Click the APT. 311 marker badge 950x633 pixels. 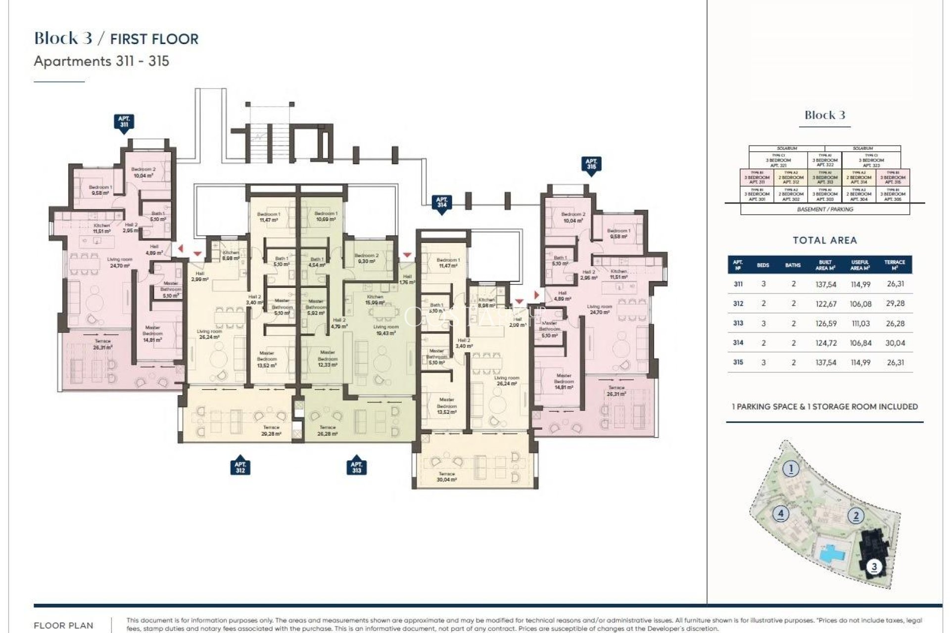[124, 122]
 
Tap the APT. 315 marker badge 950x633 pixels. [591, 164]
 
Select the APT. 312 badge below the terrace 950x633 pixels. [240, 467]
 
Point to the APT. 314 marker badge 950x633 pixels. [442, 203]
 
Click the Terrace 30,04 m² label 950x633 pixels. [446, 477]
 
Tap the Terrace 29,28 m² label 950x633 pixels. [271, 430]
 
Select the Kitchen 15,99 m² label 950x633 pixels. [375, 300]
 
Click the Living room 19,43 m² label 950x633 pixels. [386, 330]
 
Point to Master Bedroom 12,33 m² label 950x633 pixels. [328, 359]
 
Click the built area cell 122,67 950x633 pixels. [826, 304]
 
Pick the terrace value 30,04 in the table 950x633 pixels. [895, 343]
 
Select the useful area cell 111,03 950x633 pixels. [860, 323]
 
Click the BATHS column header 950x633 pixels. [793, 266]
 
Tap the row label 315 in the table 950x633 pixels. [738, 362]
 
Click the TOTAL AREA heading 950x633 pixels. [824, 240]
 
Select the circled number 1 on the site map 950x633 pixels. [791, 468]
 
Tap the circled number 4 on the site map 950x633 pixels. [780, 513]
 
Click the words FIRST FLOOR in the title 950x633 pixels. [154, 39]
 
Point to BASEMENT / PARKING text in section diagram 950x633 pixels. [825, 210]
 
